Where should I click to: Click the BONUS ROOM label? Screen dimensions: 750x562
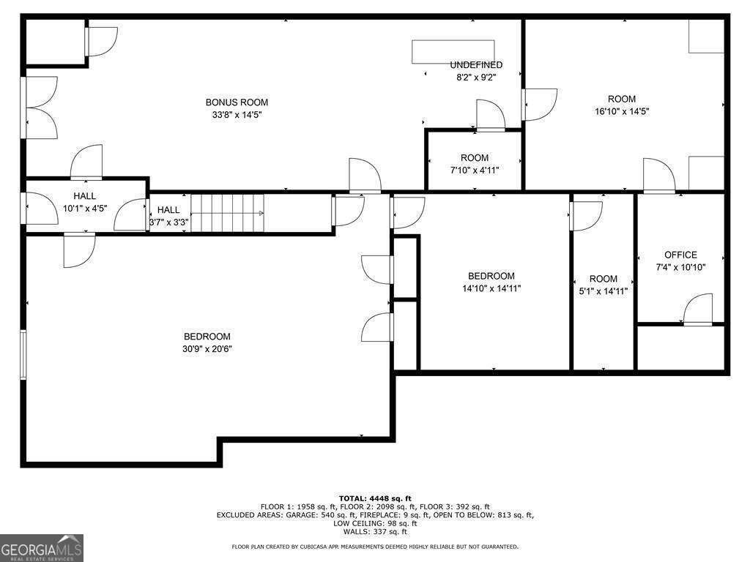point(237,102)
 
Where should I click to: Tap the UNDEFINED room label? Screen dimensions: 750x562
point(476,65)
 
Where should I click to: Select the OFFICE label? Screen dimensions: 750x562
point(680,255)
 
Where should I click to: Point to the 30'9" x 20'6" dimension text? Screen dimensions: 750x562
point(207,349)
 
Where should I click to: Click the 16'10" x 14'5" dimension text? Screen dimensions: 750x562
point(622,111)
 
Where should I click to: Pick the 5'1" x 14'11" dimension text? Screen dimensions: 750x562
point(604,291)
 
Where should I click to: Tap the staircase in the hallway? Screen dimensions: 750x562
point(227,213)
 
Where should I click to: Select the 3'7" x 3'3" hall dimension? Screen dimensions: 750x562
point(169,222)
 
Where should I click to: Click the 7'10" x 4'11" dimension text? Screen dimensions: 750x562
point(475,170)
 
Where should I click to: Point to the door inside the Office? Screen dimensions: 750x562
point(698,310)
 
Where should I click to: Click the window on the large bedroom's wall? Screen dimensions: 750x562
point(23,354)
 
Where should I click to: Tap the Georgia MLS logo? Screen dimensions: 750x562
point(42,548)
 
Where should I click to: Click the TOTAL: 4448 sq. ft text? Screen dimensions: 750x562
point(375,498)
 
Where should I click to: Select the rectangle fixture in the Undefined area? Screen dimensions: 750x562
point(453,52)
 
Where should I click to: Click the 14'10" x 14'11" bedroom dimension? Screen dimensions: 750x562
point(491,288)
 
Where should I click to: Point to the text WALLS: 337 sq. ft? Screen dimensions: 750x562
point(375,531)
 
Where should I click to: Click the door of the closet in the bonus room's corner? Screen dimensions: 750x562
point(101,42)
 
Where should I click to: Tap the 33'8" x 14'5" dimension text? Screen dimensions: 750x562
point(237,115)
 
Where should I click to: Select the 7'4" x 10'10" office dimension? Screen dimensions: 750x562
point(680,267)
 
